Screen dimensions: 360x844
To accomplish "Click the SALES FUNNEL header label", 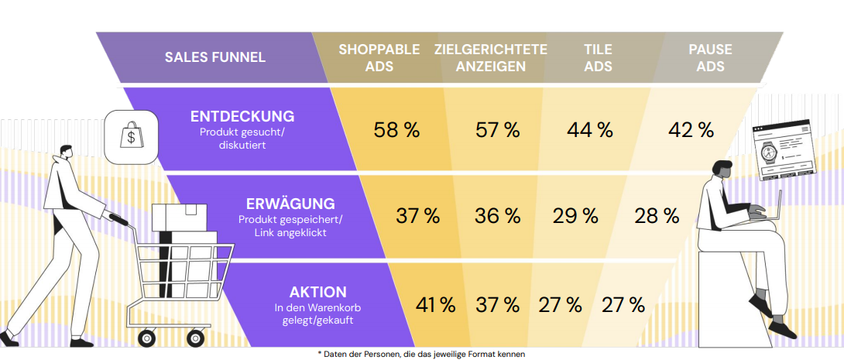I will point(215,57).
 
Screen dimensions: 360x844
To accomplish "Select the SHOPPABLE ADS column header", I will point(379,58).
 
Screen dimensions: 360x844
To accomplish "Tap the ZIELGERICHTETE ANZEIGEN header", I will point(491,58).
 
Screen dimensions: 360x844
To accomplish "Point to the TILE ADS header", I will point(598,58).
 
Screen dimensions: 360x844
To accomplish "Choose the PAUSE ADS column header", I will point(710,58).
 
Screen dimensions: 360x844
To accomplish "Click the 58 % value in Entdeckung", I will point(396,130).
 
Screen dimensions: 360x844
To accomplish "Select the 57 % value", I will point(497,130).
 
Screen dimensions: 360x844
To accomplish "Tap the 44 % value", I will point(590,130).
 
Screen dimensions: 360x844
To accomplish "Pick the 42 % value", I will point(691,130).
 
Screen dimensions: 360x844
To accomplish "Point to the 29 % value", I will point(575,216).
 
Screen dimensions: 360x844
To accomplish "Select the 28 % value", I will point(657,216).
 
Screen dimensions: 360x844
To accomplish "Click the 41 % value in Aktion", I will point(436,305).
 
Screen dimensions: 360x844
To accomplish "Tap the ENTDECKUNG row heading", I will point(242,117).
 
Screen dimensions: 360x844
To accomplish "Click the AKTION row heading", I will point(317,293).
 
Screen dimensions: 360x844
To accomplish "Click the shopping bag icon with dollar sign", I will point(129,135).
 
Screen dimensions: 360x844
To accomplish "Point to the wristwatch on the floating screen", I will point(769,152).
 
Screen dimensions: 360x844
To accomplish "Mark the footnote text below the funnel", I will point(421,354).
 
